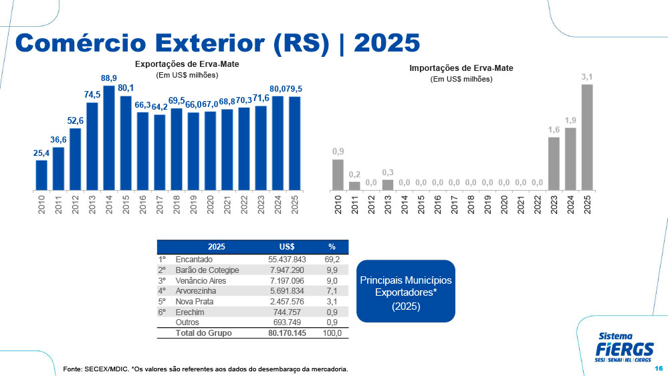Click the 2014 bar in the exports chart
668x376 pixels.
(109, 138)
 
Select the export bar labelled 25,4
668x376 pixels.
(41, 175)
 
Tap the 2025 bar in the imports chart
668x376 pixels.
(587, 137)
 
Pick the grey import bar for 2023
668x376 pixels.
(554, 163)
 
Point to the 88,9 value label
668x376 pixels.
(109, 78)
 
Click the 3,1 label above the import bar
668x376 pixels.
(587, 77)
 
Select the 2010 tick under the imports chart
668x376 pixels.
(338, 204)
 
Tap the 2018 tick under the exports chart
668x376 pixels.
(177, 204)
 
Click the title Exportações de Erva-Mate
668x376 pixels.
(187, 64)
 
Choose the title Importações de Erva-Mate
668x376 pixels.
(461, 68)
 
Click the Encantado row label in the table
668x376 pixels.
(194, 259)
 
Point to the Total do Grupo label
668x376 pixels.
(203, 333)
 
